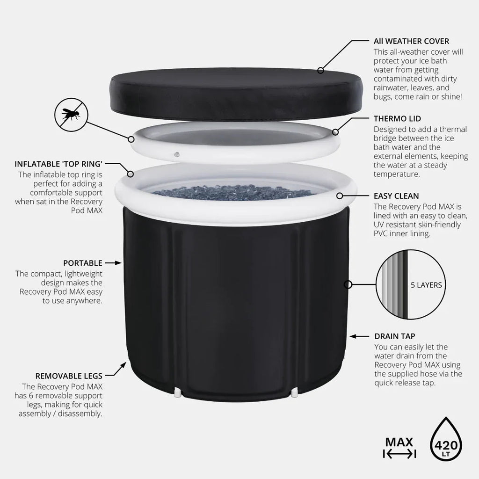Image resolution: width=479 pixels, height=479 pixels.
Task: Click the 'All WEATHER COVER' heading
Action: pyautogui.click(x=411, y=41)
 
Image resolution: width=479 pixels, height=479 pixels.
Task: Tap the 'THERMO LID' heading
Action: pyautogui.click(x=397, y=118)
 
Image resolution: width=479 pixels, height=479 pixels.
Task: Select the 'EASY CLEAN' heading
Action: pyautogui.click(x=396, y=196)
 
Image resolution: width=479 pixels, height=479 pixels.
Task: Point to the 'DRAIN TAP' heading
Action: pyautogui.click(x=395, y=336)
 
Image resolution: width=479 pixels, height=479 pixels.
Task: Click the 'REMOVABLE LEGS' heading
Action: pyautogui.click(x=69, y=376)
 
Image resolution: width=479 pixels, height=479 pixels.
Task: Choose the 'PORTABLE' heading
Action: pyautogui.click(x=83, y=263)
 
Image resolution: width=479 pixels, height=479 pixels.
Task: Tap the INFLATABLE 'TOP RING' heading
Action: pyautogui.click(x=58, y=164)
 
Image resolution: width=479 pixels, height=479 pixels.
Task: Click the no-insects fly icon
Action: pyautogui.click(x=71, y=115)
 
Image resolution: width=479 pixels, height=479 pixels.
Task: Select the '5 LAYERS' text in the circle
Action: pyautogui.click(x=426, y=285)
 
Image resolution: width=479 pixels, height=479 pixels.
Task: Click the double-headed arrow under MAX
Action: pyautogui.click(x=399, y=454)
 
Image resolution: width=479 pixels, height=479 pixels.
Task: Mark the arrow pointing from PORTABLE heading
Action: pyautogui.click(x=113, y=263)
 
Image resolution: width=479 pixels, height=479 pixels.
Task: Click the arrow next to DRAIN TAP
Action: pyautogui.click(x=359, y=336)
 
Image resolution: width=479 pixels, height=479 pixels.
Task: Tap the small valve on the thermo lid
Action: pyautogui.click(x=176, y=154)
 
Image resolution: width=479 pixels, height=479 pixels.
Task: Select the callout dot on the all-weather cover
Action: pyautogui.click(x=320, y=71)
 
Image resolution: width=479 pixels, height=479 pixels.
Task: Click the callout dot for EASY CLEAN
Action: pyautogui.click(x=340, y=196)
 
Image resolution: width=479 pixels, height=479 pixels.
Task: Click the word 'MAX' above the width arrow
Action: pyautogui.click(x=399, y=442)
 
